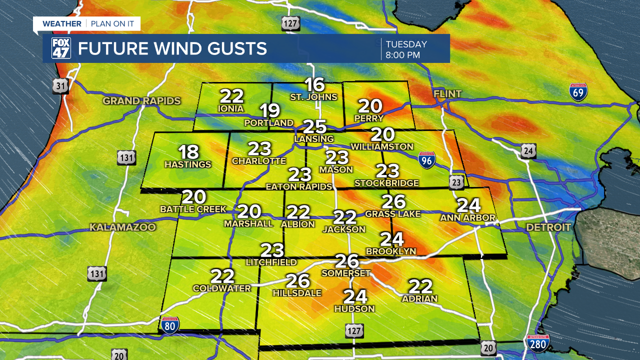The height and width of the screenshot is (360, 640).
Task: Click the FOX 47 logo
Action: point(61,48)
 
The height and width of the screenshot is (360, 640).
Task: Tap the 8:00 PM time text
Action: point(402,55)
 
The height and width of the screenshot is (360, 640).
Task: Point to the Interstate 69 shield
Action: point(578,92)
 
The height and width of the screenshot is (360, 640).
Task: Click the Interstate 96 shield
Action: point(426,160)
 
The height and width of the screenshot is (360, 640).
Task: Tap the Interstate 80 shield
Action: point(170,325)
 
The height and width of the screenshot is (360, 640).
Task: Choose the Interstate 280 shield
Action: point(538,343)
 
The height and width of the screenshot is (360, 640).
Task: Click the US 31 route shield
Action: point(60,86)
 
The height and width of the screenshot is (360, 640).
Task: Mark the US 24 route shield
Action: point(528,150)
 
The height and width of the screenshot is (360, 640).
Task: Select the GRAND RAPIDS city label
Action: point(141,101)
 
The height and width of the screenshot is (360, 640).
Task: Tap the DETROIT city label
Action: point(548,227)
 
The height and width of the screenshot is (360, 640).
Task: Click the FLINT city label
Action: point(447,94)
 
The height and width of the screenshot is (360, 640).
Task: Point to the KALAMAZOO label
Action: point(122,227)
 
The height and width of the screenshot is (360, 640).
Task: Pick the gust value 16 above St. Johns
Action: point(314,85)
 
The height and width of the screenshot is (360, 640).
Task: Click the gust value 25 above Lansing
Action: point(315,127)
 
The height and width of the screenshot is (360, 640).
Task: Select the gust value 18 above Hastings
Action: point(188,152)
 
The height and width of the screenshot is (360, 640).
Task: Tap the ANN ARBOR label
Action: point(467,218)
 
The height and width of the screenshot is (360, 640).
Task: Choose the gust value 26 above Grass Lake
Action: point(393,202)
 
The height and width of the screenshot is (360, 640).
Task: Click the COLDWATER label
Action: point(222,288)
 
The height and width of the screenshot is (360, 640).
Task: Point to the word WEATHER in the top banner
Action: point(62,23)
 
